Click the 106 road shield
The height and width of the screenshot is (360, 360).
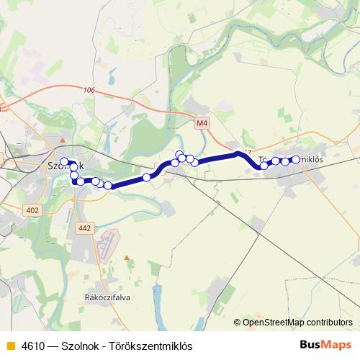(89, 90)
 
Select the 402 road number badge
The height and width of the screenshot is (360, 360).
(31, 210)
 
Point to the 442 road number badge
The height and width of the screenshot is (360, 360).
(84, 228)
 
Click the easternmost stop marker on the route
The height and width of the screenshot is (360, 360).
(295, 159)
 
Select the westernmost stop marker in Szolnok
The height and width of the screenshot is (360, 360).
(64, 161)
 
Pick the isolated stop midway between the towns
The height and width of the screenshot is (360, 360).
(147, 177)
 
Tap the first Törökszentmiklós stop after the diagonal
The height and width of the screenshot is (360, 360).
(264, 165)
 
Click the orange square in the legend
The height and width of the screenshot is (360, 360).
(9, 346)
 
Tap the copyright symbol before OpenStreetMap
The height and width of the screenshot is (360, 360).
(238, 322)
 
